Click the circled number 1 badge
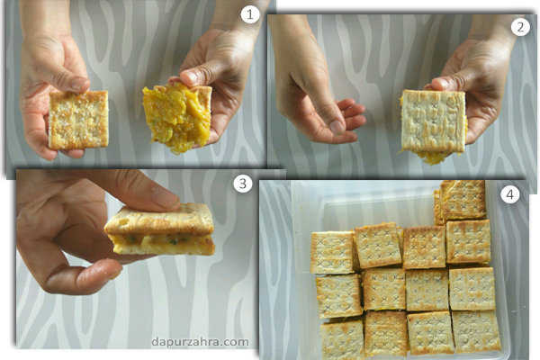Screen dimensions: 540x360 tap(249, 14)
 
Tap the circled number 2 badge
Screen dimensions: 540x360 tap(519, 27)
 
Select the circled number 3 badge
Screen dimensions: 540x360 tap(242, 184)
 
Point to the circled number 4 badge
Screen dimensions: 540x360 tap(509, 194)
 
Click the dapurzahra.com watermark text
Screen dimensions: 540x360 tap(200, 342)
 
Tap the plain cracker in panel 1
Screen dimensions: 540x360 tap(79, 120)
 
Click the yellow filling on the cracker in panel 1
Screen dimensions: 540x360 tap(175, 117)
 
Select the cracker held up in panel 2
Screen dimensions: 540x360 tap(434, 121)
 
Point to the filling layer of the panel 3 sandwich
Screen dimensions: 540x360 tap(162, 239)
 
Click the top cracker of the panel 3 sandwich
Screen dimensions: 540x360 tap(159, 220)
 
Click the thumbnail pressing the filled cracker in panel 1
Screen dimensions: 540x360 tap(190, 76)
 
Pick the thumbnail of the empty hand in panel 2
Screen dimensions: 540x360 tap(337, 128)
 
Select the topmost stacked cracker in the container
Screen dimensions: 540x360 tap(463, 200)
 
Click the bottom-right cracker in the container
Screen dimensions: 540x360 tap(476, 331)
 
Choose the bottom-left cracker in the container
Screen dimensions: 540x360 tap(342, 339)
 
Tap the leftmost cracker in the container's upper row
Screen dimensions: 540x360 tap(332, 253)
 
